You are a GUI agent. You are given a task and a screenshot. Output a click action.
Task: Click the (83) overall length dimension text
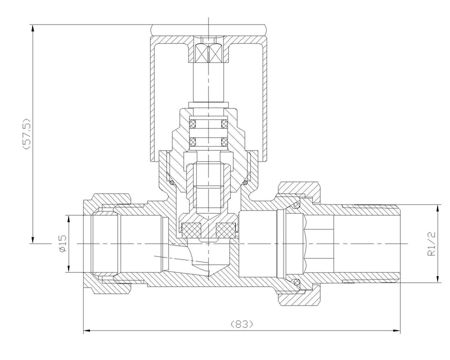[242, 325]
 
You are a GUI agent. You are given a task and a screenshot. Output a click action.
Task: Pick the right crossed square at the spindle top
[216, 55]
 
